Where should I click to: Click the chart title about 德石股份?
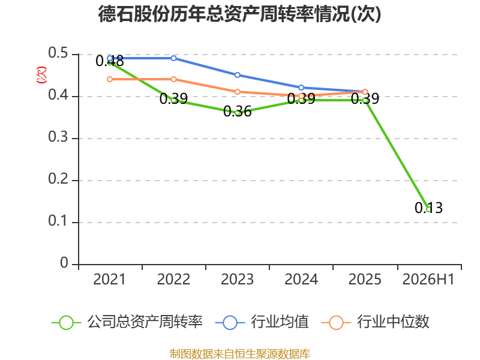pos(239,14)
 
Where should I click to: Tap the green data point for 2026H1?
pos(428,209)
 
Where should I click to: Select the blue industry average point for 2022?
pos(173,58)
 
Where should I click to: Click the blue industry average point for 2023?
pos(237,75)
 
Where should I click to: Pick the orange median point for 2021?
pos(110,79)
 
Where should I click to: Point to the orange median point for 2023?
pos(237,92)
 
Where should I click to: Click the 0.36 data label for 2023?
pos(237,112)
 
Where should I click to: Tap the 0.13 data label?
pos(428,208)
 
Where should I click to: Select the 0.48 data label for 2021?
pos(110,61)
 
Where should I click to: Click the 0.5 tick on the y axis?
pos(58,53)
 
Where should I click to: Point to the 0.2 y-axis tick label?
pos(58,179)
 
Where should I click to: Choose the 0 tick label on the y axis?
pos(64,263)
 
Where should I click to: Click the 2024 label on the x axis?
pos(301,279)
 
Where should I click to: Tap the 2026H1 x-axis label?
pos(428,279)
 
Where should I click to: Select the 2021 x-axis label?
pos(110,279)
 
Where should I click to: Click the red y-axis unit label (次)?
pos(41,75)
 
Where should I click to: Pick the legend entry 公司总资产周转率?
pos(127,322)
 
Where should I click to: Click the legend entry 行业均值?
pos(262,322)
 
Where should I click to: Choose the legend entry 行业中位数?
pos(376,322)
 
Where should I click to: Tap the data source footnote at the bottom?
pos(240,354)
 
